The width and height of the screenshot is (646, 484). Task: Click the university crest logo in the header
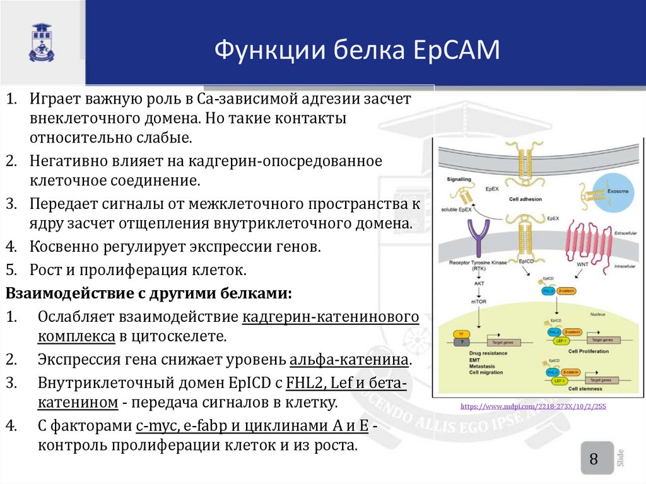(x=42, y=42)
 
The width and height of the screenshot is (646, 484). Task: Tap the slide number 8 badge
(x=594, y=459)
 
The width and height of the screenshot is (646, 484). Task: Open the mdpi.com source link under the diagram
(x=533, y=406)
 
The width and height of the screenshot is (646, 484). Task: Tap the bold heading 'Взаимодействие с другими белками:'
(x=148, y=294)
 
